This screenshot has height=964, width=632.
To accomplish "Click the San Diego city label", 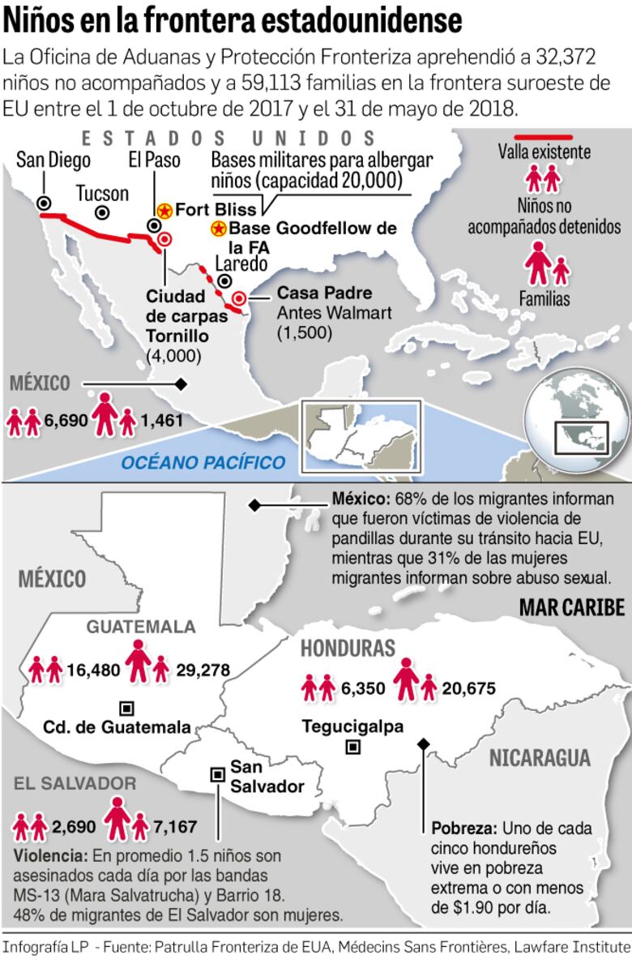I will (x=53, y=159).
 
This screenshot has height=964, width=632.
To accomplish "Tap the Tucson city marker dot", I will (x=102, y=212).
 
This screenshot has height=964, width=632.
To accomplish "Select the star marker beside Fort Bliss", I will (x=164, y=211).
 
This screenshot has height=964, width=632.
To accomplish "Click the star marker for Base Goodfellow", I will (x=218, y=229).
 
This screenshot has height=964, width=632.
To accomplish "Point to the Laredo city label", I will (x=241, y=264).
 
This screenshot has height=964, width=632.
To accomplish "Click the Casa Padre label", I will (x=315, y=293).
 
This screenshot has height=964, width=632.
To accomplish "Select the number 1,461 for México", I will (x=161, y=420).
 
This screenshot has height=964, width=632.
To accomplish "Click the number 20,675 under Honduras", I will (x=468, y=688).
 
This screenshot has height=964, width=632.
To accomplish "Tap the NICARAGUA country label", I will (x=539, y=759).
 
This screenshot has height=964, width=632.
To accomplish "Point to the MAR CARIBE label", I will (x=571, y=608).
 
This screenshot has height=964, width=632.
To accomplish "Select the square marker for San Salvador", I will (x=217, y=774).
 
